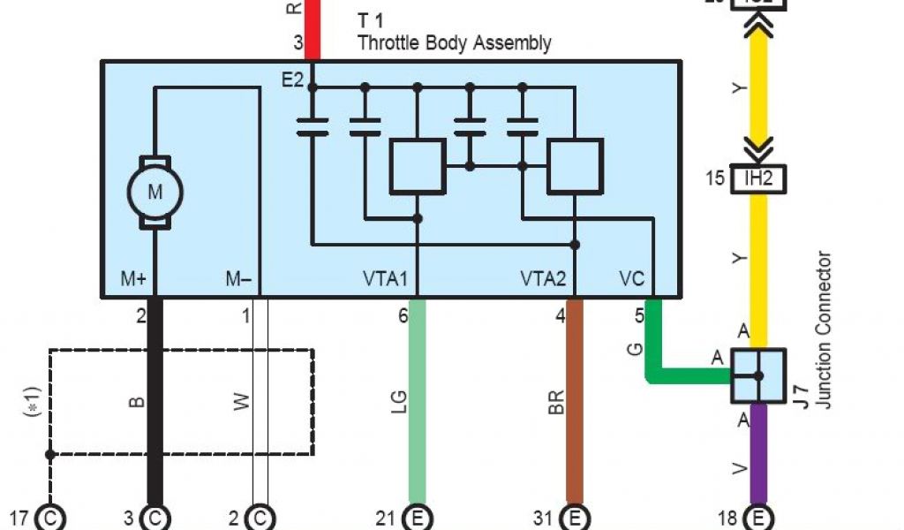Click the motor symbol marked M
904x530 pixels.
pos(154,192)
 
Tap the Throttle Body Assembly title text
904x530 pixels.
pos(454,42)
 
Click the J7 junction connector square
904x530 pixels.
pos(758,375)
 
